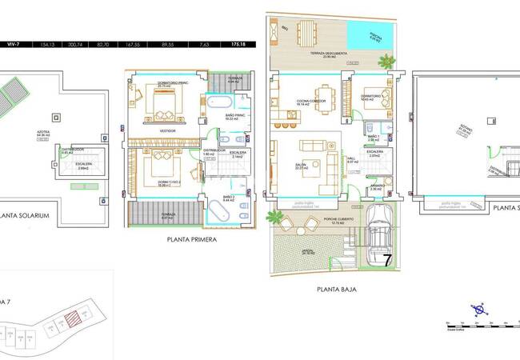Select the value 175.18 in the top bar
(238, 46)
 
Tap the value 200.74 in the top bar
(78, 46)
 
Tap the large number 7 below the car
(386, 260)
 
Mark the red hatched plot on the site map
(73, 320)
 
